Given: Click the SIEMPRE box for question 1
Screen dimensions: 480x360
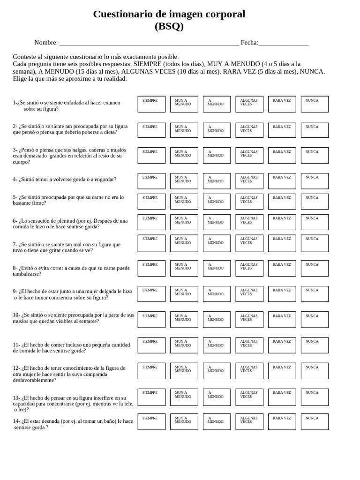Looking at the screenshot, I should [151, 104].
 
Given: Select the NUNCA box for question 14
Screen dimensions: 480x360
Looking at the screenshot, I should [315, 422].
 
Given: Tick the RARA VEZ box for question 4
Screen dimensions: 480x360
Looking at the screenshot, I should [282, 181].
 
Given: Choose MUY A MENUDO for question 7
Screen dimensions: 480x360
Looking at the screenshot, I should [184, 243].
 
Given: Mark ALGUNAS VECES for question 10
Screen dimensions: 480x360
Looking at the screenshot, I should [249, 320].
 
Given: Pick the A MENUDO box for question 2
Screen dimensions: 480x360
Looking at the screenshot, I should [217, 130].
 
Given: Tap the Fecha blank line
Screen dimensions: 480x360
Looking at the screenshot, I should [283, 43].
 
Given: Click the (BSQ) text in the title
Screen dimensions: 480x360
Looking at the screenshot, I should [169, 26].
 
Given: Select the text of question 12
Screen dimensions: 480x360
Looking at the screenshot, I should [69, 374].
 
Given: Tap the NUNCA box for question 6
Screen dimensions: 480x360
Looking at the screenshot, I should [315, 222].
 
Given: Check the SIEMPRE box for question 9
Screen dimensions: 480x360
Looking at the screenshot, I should [151, 294].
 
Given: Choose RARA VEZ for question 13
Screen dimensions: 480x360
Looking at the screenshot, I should [282, 397].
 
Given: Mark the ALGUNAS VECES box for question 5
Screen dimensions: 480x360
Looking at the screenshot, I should [249, 202].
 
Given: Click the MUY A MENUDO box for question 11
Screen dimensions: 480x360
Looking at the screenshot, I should [184, 345].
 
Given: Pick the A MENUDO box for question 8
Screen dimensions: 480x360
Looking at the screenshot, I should [217, 268].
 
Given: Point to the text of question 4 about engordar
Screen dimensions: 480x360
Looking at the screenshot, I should [65, 179].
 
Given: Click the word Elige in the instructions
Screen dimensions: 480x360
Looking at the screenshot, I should [20, 79].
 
